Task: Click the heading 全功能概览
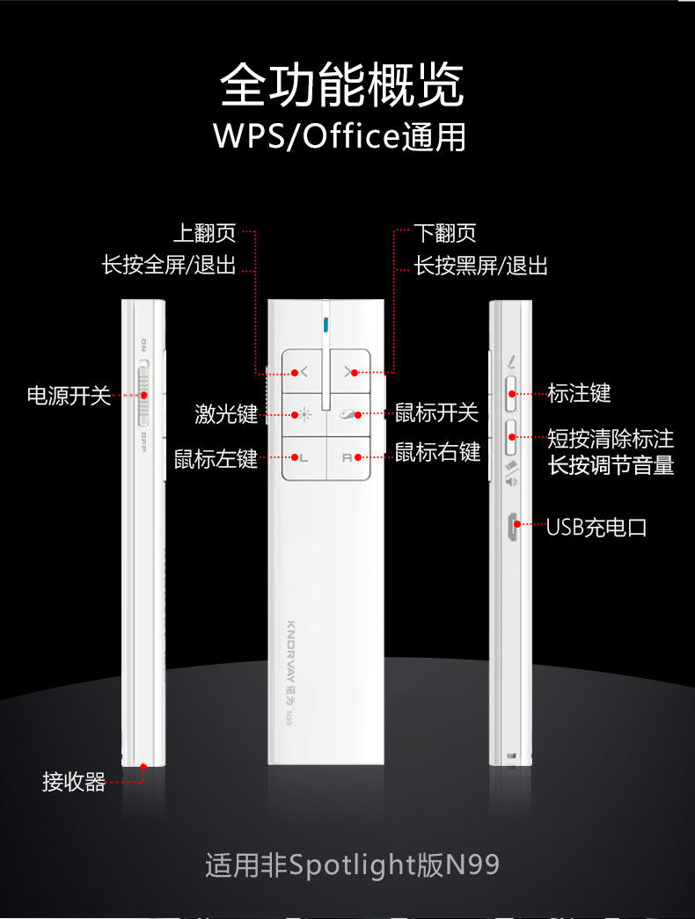[341, 85]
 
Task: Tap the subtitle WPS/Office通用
[340, 136]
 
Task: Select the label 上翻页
[205, 233]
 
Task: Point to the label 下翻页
[445, 233]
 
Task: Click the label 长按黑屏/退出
[481, 266]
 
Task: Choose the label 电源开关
[69, 396]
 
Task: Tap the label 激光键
[226, 413]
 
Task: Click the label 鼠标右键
[437, 453]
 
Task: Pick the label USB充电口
[596, 528]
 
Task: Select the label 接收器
[74, 781]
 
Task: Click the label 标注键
[579, 393]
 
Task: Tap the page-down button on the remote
[349, 372]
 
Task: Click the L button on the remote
[304, 457]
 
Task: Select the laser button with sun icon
[304, 414]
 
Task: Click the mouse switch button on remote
[349, 414]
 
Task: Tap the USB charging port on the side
[511, 527]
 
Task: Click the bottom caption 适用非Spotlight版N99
[352, 864]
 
